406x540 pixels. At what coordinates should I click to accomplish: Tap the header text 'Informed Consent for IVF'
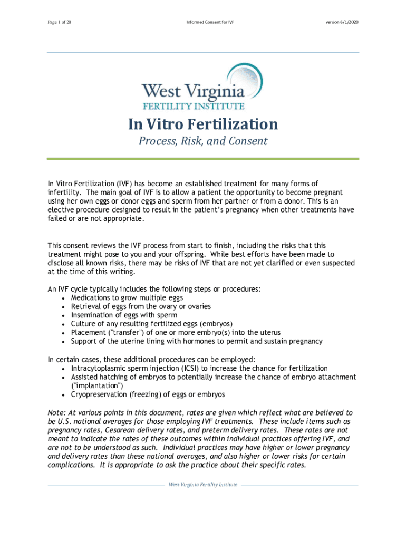(204, 23)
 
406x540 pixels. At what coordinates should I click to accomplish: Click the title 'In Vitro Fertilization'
(203, 124)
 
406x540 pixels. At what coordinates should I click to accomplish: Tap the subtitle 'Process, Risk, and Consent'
(203, 141)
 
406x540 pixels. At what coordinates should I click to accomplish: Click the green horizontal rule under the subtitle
(203, 159)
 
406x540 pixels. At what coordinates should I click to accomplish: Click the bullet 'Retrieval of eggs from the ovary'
(133, 306)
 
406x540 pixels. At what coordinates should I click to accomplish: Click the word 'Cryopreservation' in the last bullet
(97, 394)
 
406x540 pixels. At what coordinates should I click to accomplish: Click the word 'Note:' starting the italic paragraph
(56, 412)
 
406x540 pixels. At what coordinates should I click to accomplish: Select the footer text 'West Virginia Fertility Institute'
(203, 485)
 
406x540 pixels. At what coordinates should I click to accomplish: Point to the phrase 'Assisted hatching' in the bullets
(98, 377)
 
